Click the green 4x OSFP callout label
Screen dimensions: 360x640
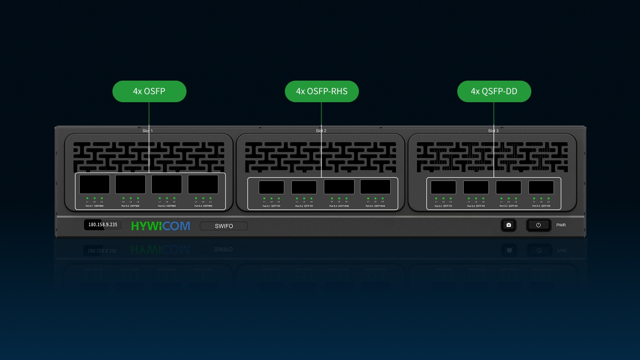click(x=149, y=91)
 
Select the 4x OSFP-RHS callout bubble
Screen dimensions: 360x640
click(x=321, y=91)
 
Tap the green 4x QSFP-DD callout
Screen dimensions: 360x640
click(x=494, y=91)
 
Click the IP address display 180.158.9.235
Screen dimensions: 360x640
click(x=103, y=225)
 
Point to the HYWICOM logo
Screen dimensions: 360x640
click(x=161, y=226)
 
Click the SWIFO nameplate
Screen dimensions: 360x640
click(x=223, y=226)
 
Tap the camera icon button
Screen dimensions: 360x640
click(x=508, y=225)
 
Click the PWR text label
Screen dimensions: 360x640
click(x=561, y=225)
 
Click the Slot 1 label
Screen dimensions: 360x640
click(x=148, y=131)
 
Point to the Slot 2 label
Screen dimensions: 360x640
click(x=321, y=131)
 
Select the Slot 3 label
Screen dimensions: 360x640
click(x=493, y=131)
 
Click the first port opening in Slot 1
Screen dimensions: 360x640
click(x=94, y=184)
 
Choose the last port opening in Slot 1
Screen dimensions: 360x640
click(x=203, y=184)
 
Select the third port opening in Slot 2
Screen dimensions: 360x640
click(x=336, y=187)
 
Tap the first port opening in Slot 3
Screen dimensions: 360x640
click(x=443, y=187)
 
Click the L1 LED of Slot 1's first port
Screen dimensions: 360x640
click(x=87, y=198)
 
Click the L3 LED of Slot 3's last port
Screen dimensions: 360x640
click(x=548, y=198)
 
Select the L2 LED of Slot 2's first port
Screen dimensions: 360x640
click(x=271, y=198)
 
